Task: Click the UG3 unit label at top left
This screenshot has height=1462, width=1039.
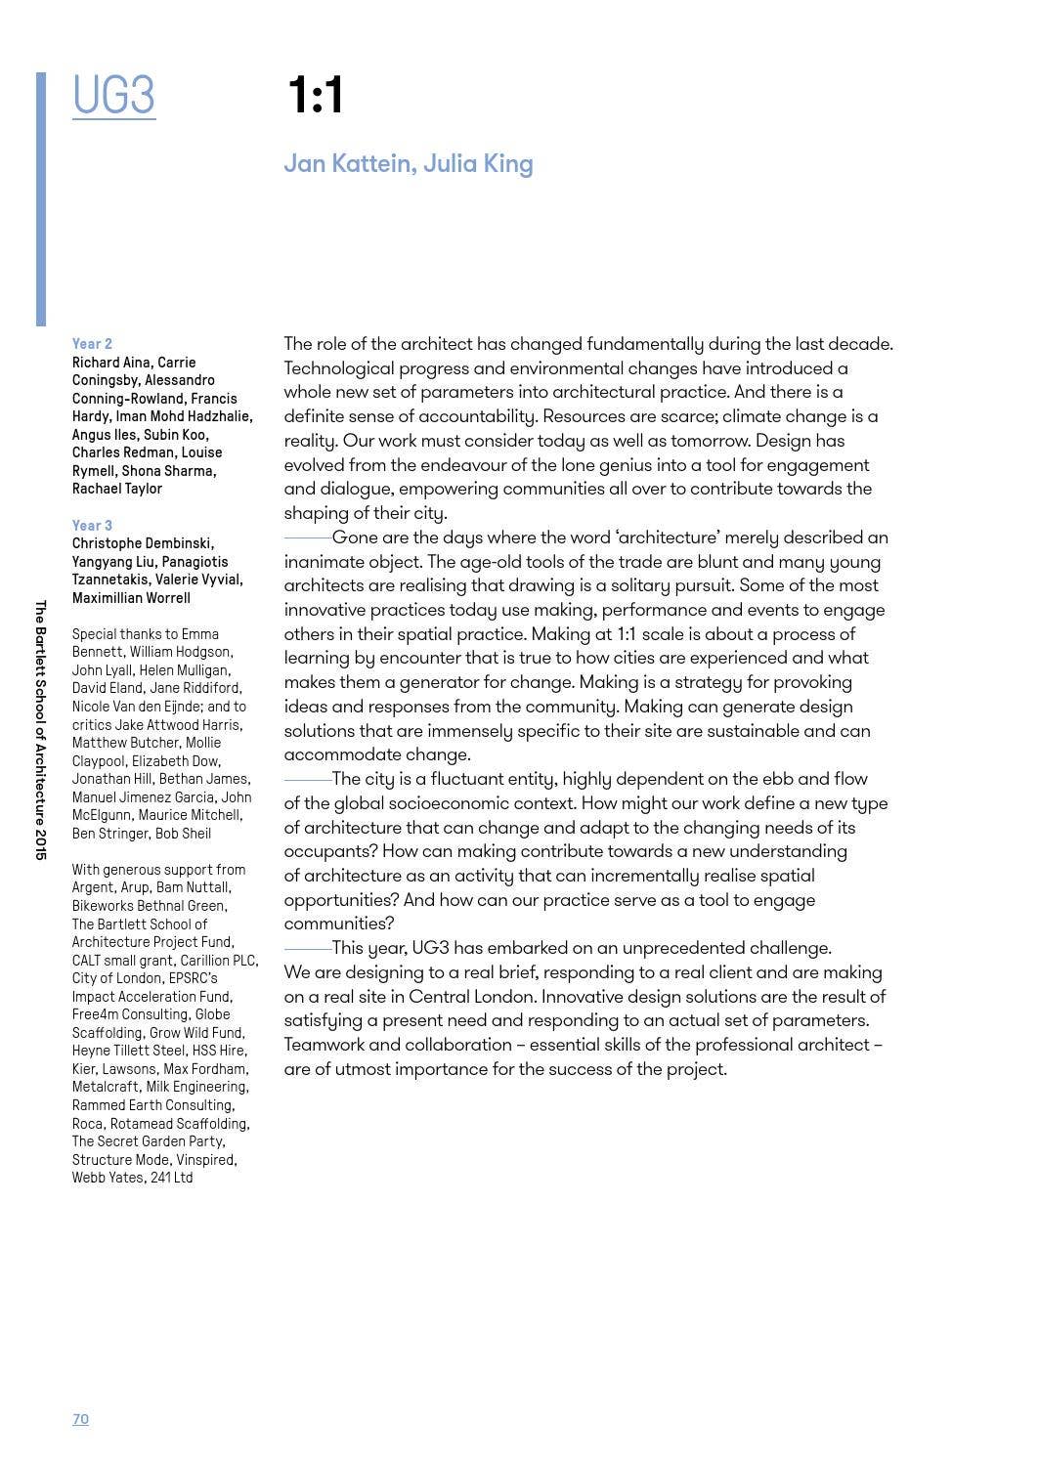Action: coord(113,97)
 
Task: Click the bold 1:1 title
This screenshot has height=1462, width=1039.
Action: coord(315,97)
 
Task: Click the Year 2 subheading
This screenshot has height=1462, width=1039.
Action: coord(92,344)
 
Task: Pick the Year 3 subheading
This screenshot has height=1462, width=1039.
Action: coord(92,526)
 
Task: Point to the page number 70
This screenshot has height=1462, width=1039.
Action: coord(80,1419)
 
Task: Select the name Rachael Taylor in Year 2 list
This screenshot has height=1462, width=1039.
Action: coord(117,489)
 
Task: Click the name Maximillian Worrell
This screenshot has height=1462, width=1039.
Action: coord(131,598)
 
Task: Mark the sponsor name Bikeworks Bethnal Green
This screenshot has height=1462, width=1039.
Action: coord(149,906)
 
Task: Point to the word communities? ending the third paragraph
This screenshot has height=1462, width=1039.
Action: coord(339,924)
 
